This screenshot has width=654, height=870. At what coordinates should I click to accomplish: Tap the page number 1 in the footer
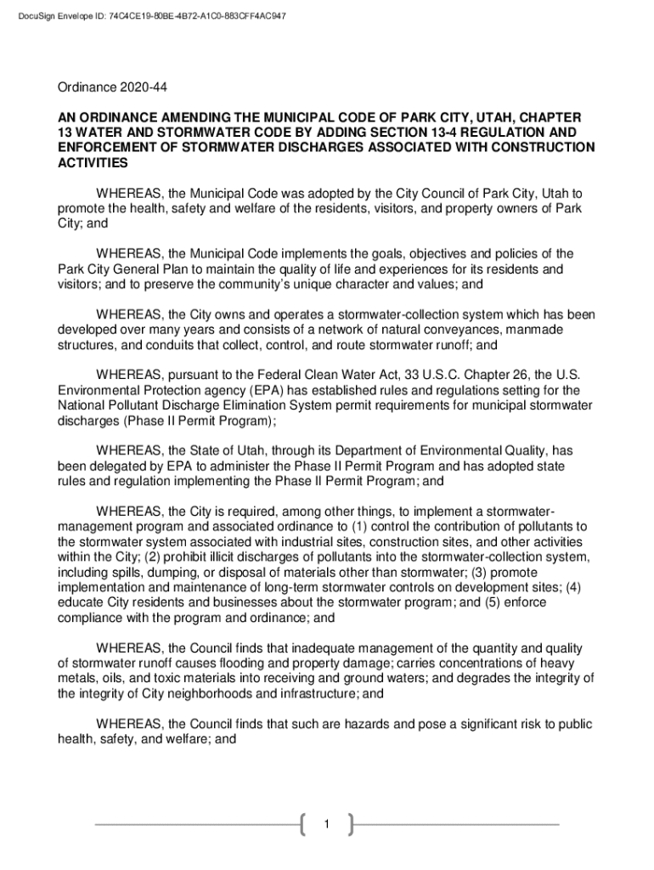326,825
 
